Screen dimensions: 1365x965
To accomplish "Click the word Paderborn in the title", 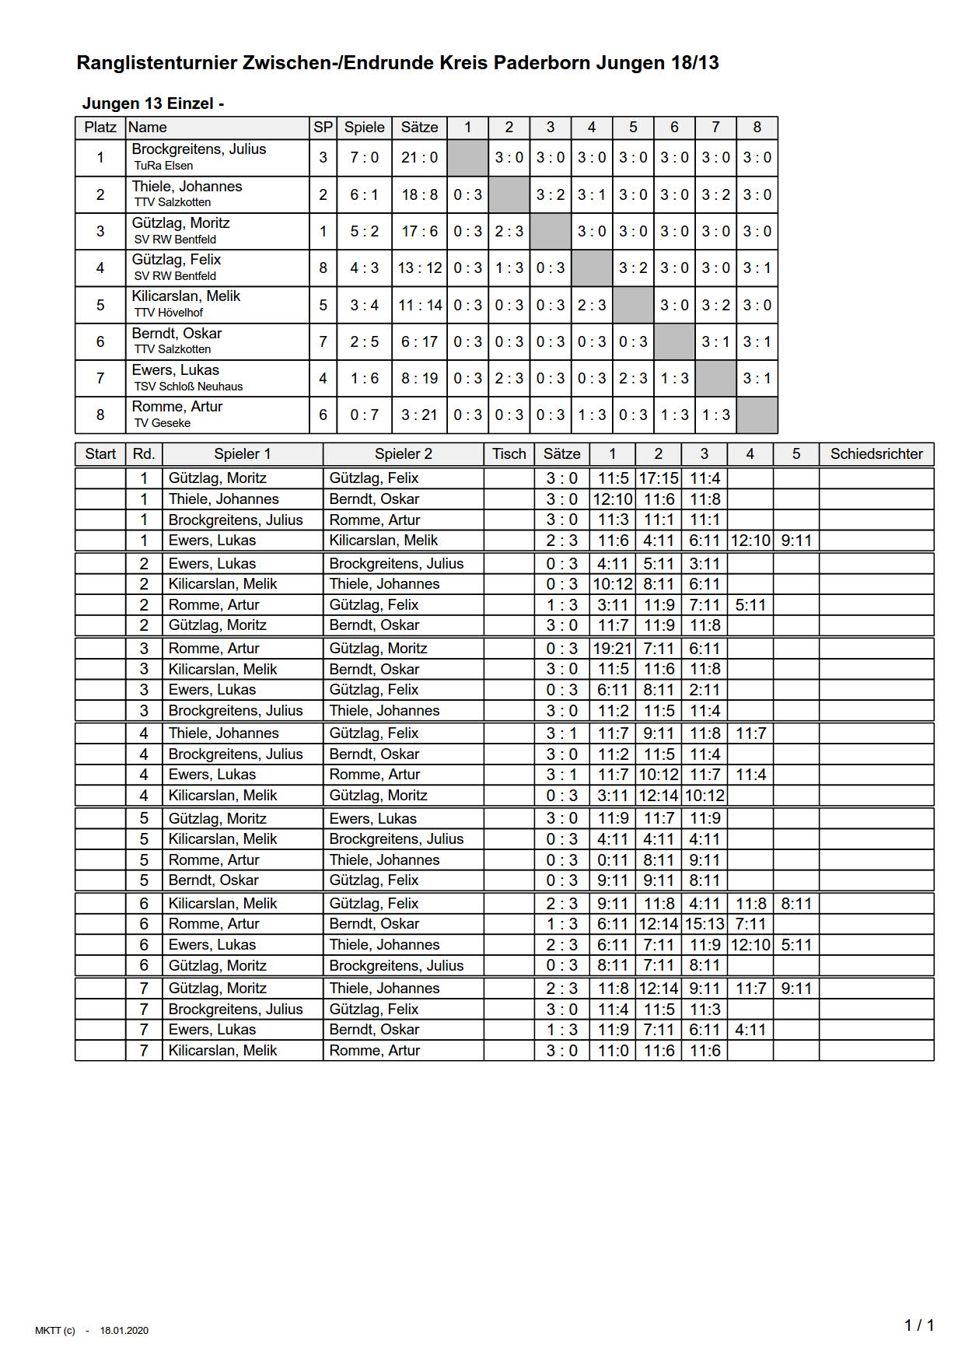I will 540,64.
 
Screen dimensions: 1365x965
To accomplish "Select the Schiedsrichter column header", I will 876,454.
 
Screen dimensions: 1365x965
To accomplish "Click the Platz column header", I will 100,128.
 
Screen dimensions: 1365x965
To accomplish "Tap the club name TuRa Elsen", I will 163,166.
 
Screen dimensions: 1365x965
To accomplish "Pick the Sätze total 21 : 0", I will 419,158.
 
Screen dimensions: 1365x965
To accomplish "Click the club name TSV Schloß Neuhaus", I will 188,387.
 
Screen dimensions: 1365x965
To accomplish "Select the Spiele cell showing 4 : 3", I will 364,268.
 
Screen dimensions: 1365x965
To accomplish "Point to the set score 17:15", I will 658,478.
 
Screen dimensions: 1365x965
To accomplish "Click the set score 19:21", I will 612,649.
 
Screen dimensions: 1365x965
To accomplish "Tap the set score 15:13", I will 705,924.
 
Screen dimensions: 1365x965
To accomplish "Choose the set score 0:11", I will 612,860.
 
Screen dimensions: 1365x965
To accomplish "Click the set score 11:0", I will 612,1051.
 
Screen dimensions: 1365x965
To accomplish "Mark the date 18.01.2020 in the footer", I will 124,1331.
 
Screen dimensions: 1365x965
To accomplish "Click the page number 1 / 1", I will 918,1325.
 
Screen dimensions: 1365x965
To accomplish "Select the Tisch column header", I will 509,454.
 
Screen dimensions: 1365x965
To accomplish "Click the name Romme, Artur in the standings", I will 177,407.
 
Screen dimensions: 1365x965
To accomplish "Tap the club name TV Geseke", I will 163,423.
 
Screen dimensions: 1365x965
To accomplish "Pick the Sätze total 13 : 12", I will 419,268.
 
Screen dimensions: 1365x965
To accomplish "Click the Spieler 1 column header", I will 243,454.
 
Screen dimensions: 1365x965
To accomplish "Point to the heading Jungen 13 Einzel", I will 153,104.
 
